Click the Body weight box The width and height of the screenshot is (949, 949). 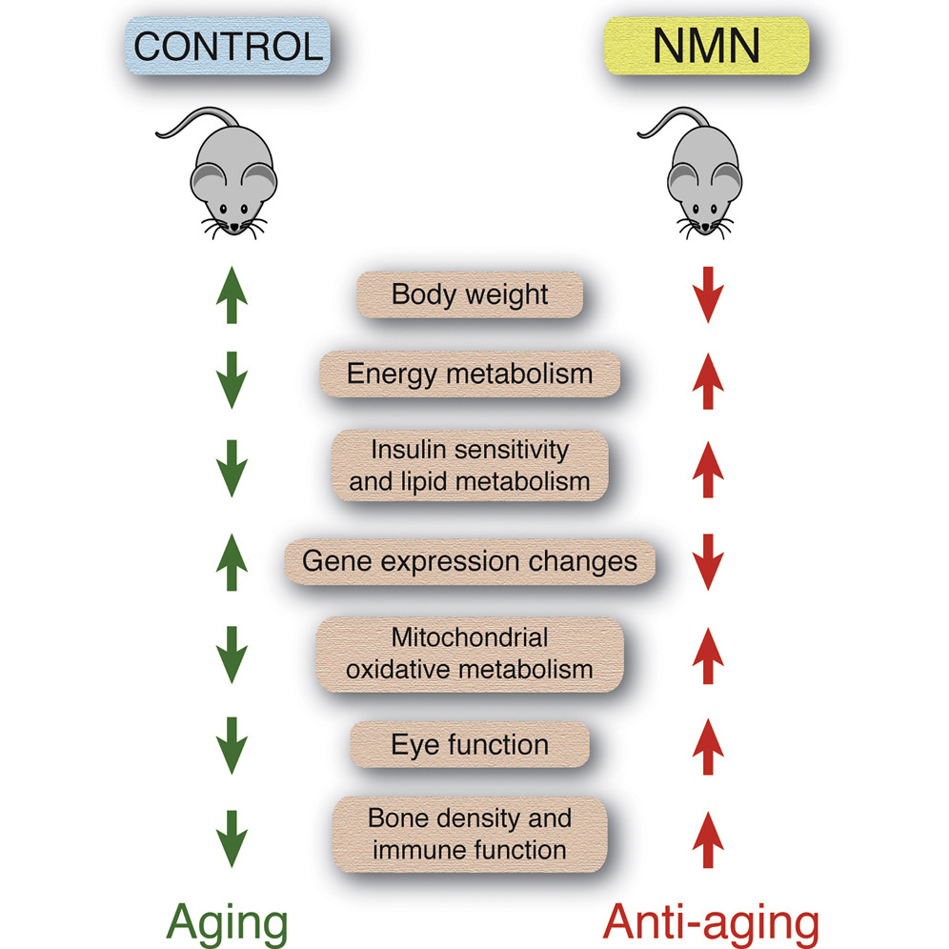470,293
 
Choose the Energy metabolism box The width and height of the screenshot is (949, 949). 470,373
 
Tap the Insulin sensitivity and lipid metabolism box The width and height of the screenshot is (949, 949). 470,465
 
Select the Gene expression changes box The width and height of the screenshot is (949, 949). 470,560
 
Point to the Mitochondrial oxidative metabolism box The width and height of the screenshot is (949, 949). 470,653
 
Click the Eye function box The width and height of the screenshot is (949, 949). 470,744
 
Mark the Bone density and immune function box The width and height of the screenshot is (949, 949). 470,833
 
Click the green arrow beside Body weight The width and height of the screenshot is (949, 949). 232,295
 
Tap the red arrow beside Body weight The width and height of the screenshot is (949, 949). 708,295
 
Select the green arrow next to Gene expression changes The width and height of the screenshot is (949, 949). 232,562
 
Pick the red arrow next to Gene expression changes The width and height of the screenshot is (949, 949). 708,562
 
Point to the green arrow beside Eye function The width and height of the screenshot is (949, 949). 232,746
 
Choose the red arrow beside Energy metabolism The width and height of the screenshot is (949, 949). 708,379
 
